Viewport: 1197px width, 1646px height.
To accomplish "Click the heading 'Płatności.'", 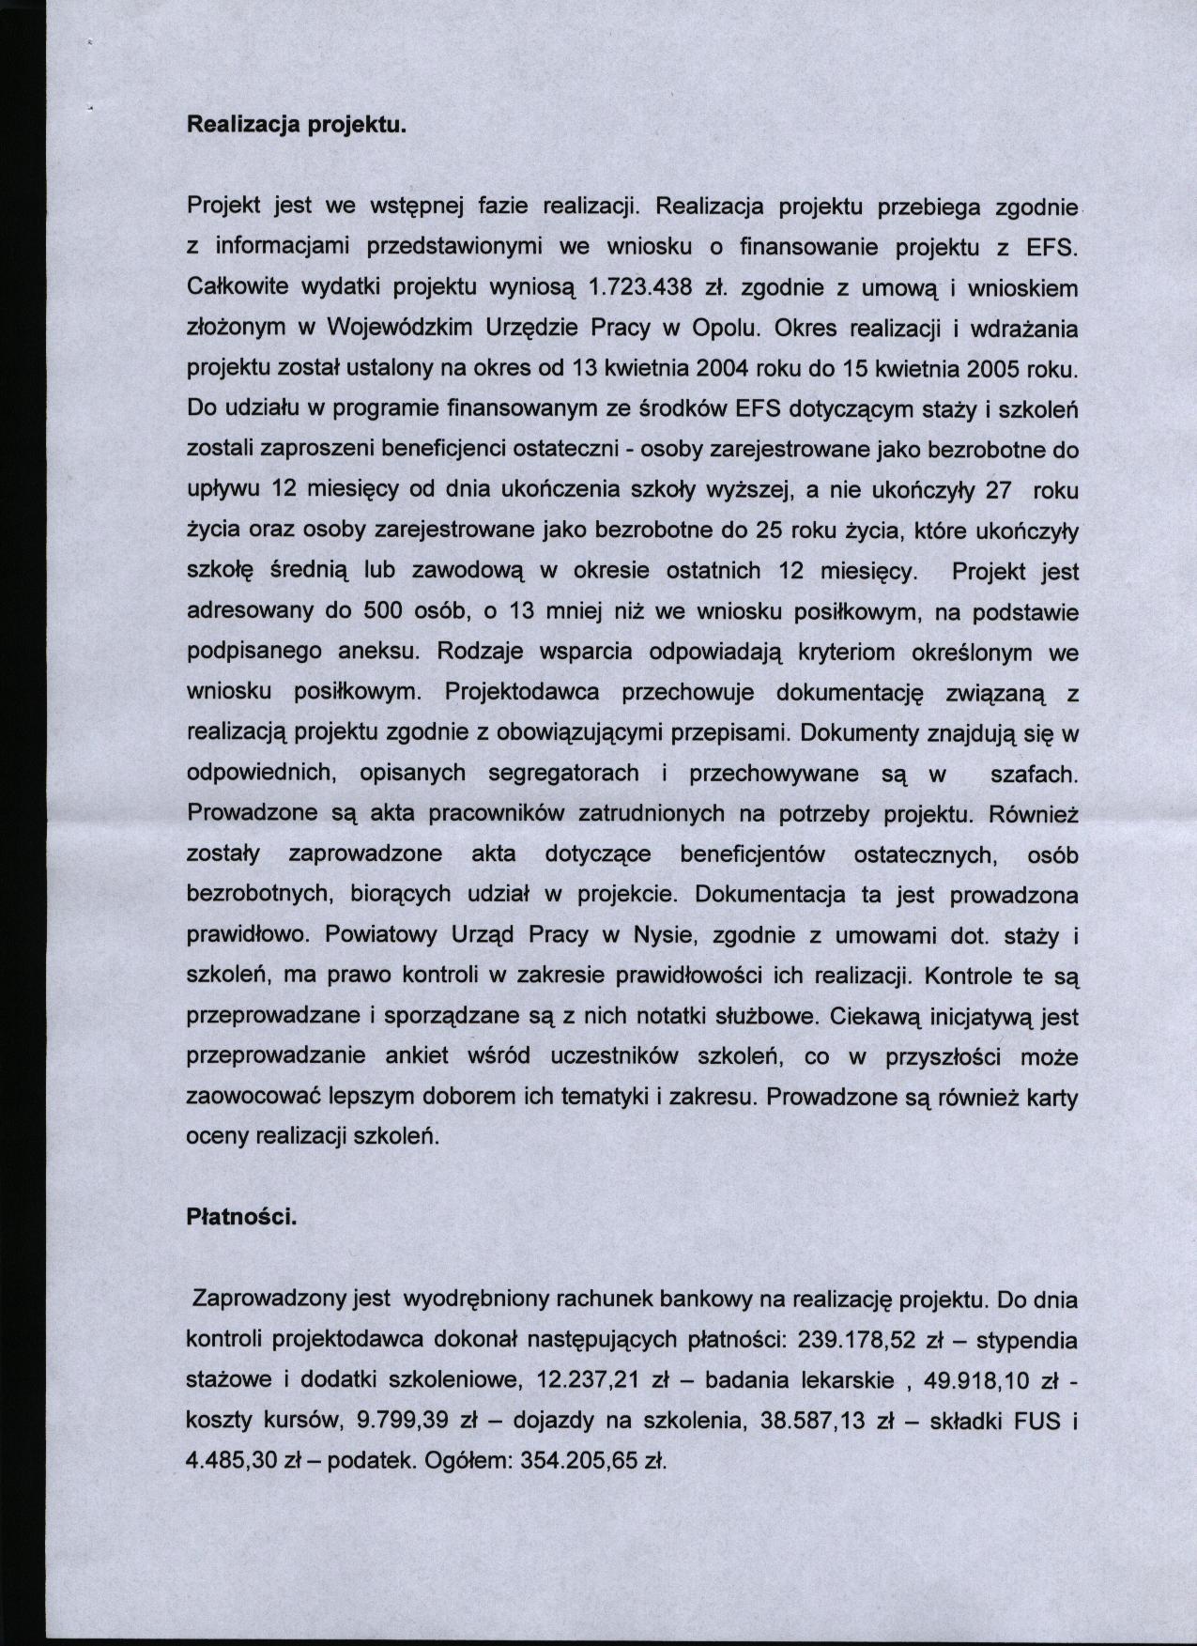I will [242, 1218].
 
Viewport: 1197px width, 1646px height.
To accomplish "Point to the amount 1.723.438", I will [639, 287].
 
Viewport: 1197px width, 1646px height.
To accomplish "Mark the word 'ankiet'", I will [416, 1056].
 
